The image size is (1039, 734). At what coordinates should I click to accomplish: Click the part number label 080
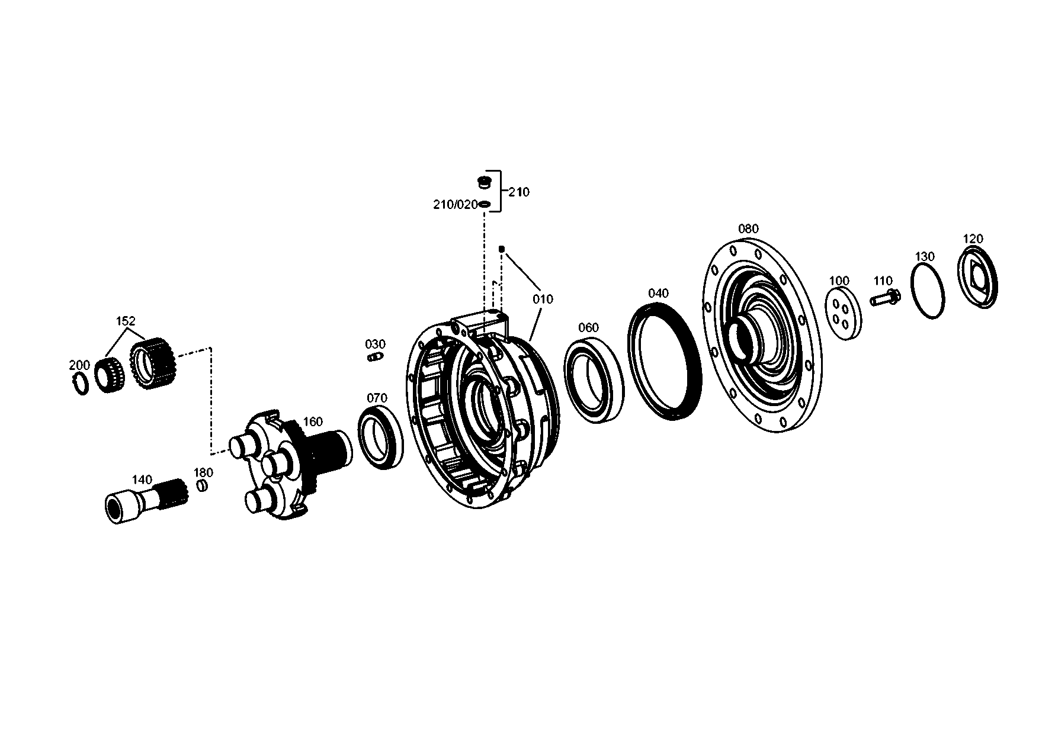pos(748,229)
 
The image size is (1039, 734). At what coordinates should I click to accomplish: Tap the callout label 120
pos(973,239)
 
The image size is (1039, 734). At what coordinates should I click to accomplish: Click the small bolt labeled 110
pos(885,298)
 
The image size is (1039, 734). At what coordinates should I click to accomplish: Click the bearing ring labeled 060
pos(594,379)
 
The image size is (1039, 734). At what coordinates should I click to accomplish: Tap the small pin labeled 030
pos(374,357)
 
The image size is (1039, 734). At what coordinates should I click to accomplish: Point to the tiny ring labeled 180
pos(201,486)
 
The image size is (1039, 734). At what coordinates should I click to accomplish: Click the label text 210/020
pos(455,205)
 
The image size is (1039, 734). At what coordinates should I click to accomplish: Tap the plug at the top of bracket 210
pos(485,182)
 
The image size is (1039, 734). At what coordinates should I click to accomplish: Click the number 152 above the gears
pos(126,321)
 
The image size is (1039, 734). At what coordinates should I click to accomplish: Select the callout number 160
pos(313,422)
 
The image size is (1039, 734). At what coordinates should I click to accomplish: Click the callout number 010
pos(542,299)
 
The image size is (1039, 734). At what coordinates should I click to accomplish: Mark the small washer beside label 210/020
pos(485,204)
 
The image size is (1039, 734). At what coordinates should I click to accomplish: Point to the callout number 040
pos(658,294)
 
